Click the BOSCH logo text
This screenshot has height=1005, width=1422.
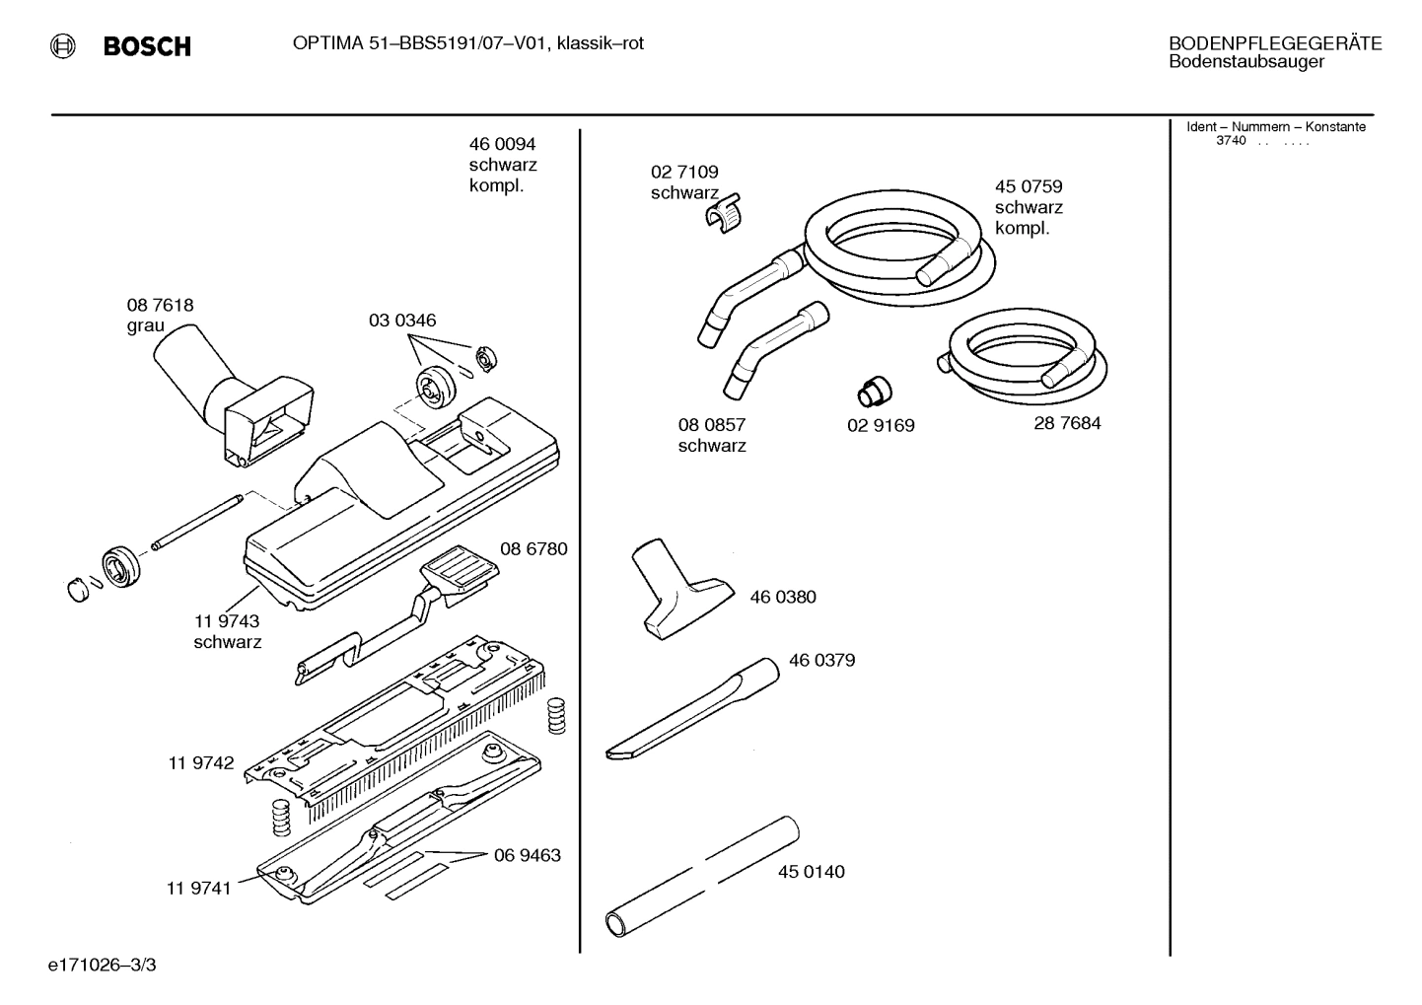point(147,46)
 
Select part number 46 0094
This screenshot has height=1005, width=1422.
point(502,144)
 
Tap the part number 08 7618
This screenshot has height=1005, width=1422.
point(160,305)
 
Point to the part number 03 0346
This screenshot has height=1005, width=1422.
point(402,321)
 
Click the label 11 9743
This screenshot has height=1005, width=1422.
point(227,621)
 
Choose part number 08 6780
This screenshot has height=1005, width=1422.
point(533,549)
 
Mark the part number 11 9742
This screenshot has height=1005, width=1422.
point(201,763)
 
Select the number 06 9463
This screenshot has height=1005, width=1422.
point(527,855)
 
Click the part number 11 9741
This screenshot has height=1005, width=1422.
point(198,889)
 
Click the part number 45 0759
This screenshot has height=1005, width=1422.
point(1028,186)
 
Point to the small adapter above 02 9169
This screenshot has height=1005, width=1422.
point(872,391)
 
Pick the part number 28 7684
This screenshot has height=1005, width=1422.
point(1067,423)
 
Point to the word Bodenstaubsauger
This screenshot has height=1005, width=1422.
point(1245,62)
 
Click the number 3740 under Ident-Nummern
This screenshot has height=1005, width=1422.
point(1230,141)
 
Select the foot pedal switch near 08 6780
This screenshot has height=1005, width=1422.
point(458,573)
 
